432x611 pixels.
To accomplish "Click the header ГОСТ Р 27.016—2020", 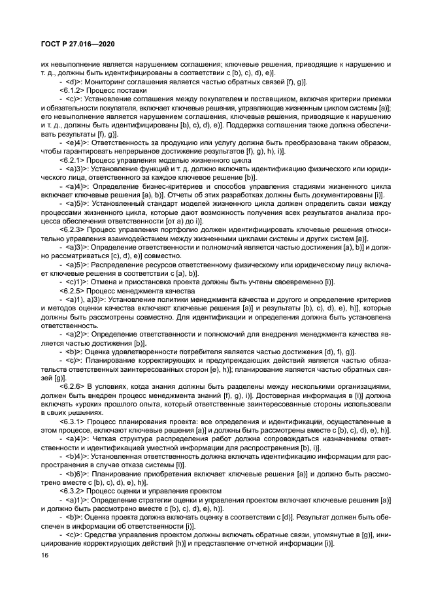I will pyautogui.click(x=71, y=44).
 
